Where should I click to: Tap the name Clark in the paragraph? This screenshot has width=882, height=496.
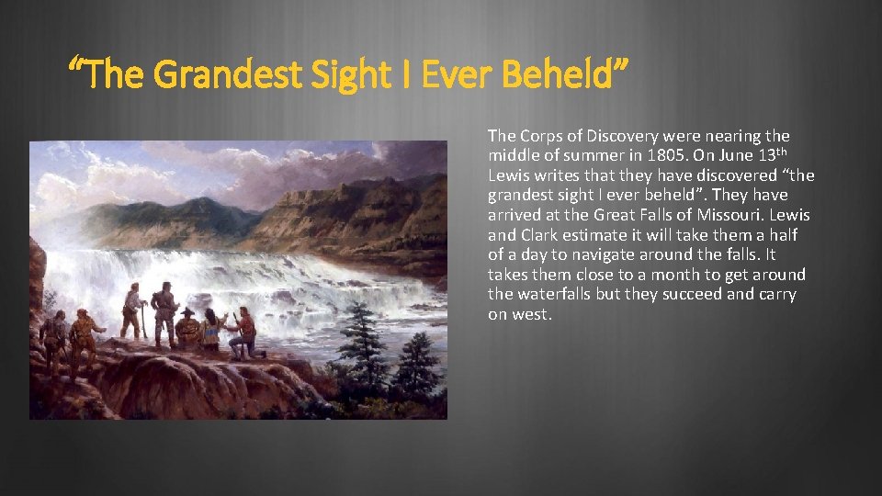538,235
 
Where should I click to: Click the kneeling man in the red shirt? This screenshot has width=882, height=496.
245,333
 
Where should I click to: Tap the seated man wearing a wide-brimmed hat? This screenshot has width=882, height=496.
189,328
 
